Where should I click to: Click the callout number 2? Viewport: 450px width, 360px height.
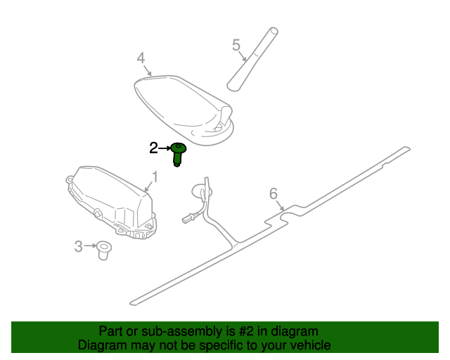pos(153,148)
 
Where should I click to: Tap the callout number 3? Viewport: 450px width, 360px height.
pos(79,245)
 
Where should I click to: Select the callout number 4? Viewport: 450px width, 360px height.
pos(141,58)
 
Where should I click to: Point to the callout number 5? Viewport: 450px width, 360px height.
pos(236,46)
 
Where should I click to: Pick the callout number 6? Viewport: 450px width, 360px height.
pos(274,194)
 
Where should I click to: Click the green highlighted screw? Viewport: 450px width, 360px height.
pos(179,154)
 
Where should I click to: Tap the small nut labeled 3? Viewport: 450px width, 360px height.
pos(105,249)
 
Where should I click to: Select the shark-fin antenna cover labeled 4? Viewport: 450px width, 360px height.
pos(183,105)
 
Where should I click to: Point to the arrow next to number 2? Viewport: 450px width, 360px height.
pos(166,148)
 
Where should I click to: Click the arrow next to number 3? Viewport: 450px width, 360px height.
pos(91,245)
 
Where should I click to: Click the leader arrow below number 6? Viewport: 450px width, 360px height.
pos(280,205)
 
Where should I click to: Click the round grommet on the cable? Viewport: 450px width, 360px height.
pos(202,190)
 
